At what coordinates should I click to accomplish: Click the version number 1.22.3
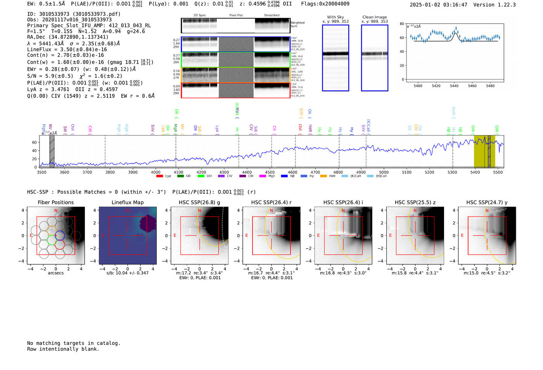[503, 5]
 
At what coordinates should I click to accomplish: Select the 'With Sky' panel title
[335, 17]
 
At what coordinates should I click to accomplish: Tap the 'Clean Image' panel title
[374, 17]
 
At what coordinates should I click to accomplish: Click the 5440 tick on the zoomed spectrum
[454, 86]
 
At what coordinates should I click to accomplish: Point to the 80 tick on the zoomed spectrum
[402, 24]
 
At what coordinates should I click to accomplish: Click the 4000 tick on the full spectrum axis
[156, 172]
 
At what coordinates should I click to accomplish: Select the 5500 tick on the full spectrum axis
[498, 172]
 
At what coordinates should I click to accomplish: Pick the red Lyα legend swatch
[159, 176]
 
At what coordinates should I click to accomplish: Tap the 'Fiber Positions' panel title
[55, 202]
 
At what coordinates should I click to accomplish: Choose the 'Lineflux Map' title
[128, 202]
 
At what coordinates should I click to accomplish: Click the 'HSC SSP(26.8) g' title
[199, 202]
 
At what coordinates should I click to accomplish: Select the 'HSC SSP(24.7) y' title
[487, 202]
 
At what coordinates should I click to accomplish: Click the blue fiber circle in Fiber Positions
[60, 235]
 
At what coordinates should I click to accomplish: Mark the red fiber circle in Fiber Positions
[60, 245]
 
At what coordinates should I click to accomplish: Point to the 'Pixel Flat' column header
[236, 15]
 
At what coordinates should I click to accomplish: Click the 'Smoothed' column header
[271, 15]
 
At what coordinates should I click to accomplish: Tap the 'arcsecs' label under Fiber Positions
[55, 273]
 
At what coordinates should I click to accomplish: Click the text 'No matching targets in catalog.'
[74, 343]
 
